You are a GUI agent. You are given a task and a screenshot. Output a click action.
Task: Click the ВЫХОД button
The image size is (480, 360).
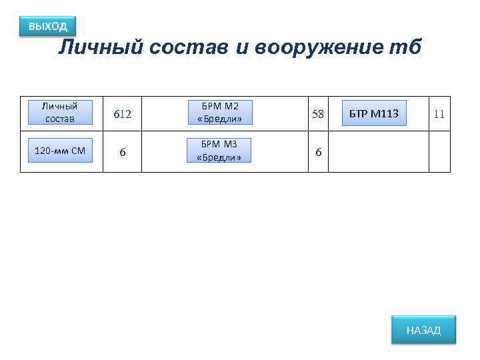pyautogui.click(x=47, y=27)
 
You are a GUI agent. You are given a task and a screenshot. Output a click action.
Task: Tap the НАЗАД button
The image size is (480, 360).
pyautogui.click(x=423, y=330)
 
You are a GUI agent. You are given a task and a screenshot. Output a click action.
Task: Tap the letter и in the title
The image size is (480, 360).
pyautogui.click(x=243, y=49)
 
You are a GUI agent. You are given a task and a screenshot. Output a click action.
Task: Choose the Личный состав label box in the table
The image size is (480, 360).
pyautogui.click(x=60, y=113)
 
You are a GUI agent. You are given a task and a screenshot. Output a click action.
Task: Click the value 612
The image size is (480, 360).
pyautogui.click(x=122, y=114)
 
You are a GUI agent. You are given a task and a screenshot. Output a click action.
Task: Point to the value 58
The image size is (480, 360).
pyautogui.click(x=318, y=114)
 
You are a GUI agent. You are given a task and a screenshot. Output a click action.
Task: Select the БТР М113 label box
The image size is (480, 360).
pyautogui.click(x=374, y=114)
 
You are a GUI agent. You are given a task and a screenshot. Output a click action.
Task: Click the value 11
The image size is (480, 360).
pyautogui.click(x=439, y=114)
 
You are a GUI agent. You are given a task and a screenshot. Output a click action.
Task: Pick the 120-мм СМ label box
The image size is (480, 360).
pyautogui.click(x=60, y=151)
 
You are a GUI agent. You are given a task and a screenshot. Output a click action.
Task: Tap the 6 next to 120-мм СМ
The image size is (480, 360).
pyautogui.click(x=122, y=152)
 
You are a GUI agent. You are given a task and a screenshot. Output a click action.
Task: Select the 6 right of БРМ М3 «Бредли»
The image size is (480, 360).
pyautogui.click(x=318, y=152)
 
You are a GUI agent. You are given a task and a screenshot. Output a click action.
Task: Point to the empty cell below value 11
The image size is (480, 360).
pyautogui.click(x=439, y=152)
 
